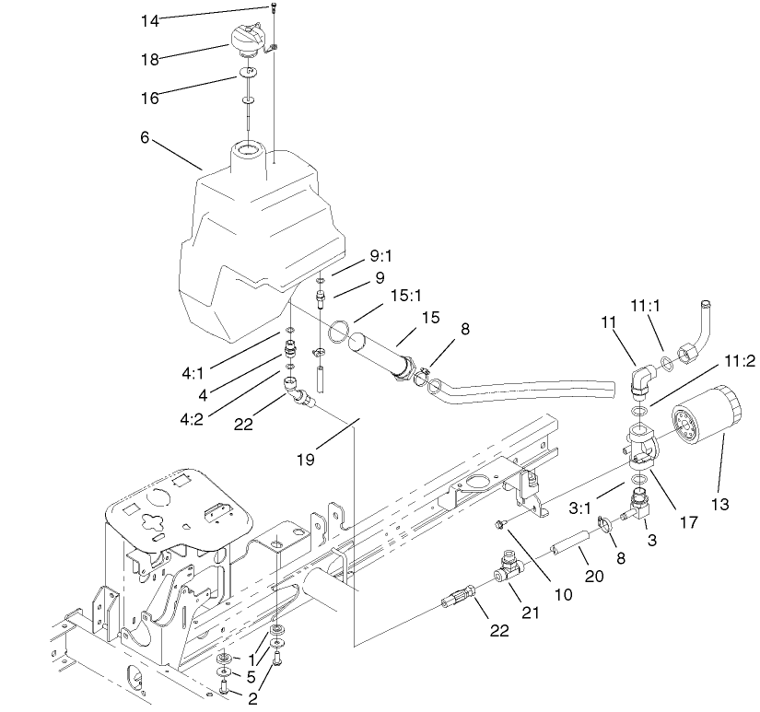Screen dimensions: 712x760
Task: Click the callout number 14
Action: [x=150, y=19]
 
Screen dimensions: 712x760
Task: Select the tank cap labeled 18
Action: [x=251, y=41]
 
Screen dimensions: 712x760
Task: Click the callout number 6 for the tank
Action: [x=145, y=137]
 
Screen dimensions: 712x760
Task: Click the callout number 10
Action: [x=564, y=595]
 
